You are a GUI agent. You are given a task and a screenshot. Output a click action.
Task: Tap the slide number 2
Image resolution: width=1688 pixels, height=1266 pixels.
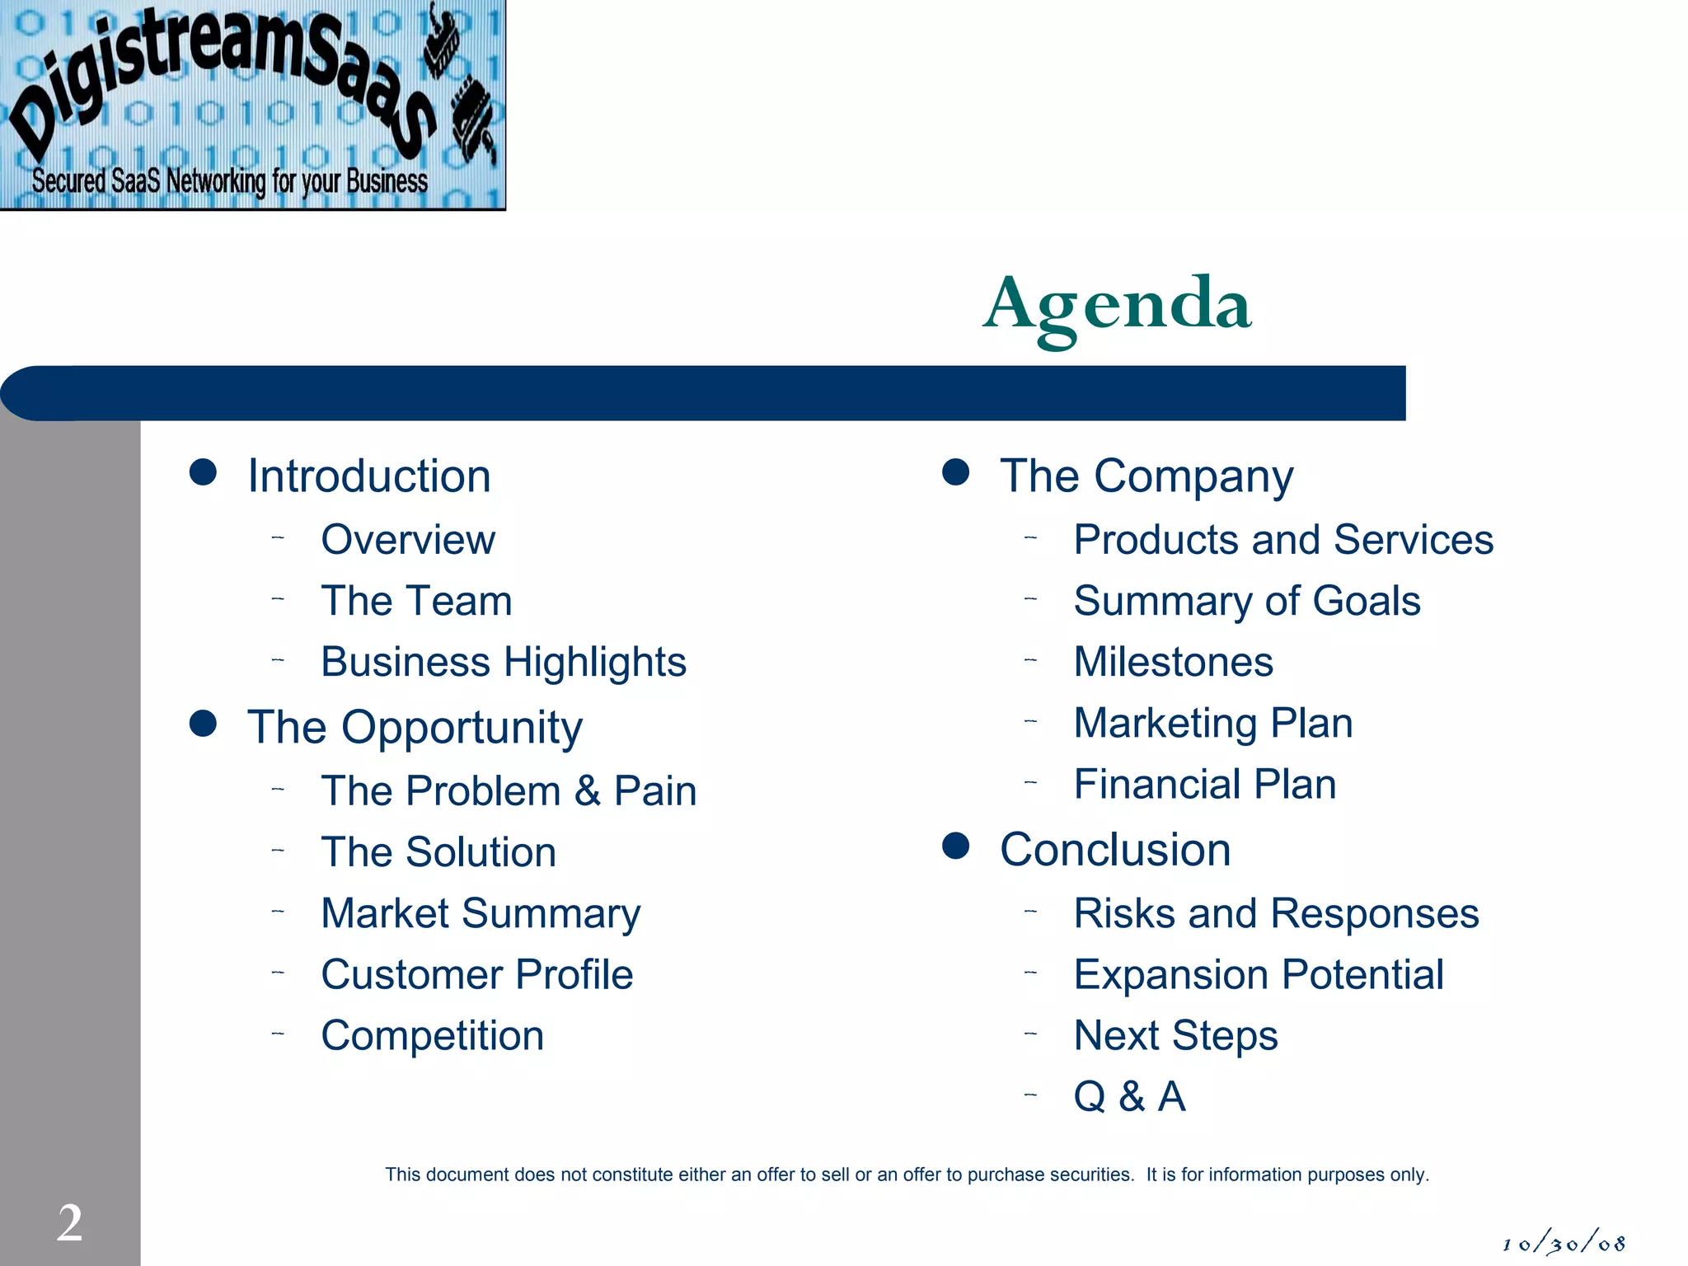[70, 1222]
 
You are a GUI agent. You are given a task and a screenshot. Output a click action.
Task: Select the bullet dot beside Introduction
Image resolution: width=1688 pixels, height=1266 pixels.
[203, 473]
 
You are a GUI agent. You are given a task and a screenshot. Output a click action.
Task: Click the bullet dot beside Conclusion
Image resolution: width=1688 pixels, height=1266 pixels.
[955, 846]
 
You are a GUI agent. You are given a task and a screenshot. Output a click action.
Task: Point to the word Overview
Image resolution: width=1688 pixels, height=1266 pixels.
[408, 540]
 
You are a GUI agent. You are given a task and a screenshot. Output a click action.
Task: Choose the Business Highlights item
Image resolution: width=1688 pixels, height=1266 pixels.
[503, 662]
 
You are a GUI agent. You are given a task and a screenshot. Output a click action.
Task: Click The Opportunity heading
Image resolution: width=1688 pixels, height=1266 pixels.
[415, 727]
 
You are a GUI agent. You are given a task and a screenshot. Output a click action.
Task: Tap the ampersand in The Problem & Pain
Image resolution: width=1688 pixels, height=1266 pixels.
[587, 791]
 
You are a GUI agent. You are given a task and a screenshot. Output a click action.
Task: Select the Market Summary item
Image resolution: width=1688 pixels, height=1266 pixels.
[481, 913]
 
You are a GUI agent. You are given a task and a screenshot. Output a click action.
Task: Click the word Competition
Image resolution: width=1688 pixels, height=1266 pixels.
[432, 1035]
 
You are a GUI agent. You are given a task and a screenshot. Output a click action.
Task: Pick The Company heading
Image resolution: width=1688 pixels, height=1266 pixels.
[1146, 476]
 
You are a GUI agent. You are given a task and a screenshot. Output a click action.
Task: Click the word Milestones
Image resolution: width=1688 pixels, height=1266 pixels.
[1173, 662]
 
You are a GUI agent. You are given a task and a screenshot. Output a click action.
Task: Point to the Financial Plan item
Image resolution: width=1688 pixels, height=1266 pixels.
[1204, 784]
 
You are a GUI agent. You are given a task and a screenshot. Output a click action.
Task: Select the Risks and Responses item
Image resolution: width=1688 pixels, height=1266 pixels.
[1276, 913]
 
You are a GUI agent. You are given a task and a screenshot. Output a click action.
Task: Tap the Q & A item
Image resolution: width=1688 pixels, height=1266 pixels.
[1129, 1096]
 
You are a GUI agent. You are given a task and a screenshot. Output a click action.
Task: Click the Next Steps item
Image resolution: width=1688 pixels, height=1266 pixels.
[1175, 1035]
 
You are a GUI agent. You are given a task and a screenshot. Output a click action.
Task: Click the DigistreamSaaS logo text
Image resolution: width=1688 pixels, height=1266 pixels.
[223, 74]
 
